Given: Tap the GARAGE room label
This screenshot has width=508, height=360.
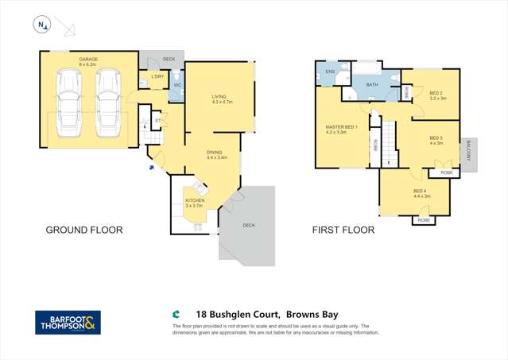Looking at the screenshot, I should point(88,59).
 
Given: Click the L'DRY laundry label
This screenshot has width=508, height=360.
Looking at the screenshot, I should point(156,76).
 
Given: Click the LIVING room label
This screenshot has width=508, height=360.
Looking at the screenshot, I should point(219,97).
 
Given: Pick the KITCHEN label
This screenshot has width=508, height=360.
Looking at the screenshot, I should point(195,200).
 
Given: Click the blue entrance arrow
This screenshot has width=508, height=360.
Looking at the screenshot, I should point(150,167).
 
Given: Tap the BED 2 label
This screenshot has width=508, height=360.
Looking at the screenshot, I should point(438,94).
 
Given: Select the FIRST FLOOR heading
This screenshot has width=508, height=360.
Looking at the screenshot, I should point(342,230).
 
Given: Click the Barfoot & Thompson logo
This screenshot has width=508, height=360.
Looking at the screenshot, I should point(68,323).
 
